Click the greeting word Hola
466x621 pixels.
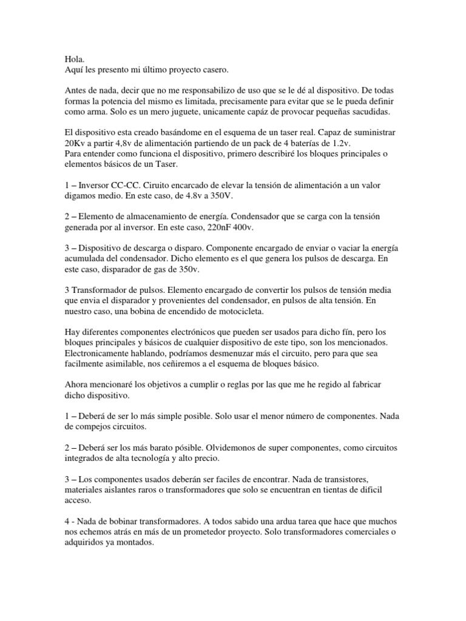point(74,61)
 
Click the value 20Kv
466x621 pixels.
point(76,144)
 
